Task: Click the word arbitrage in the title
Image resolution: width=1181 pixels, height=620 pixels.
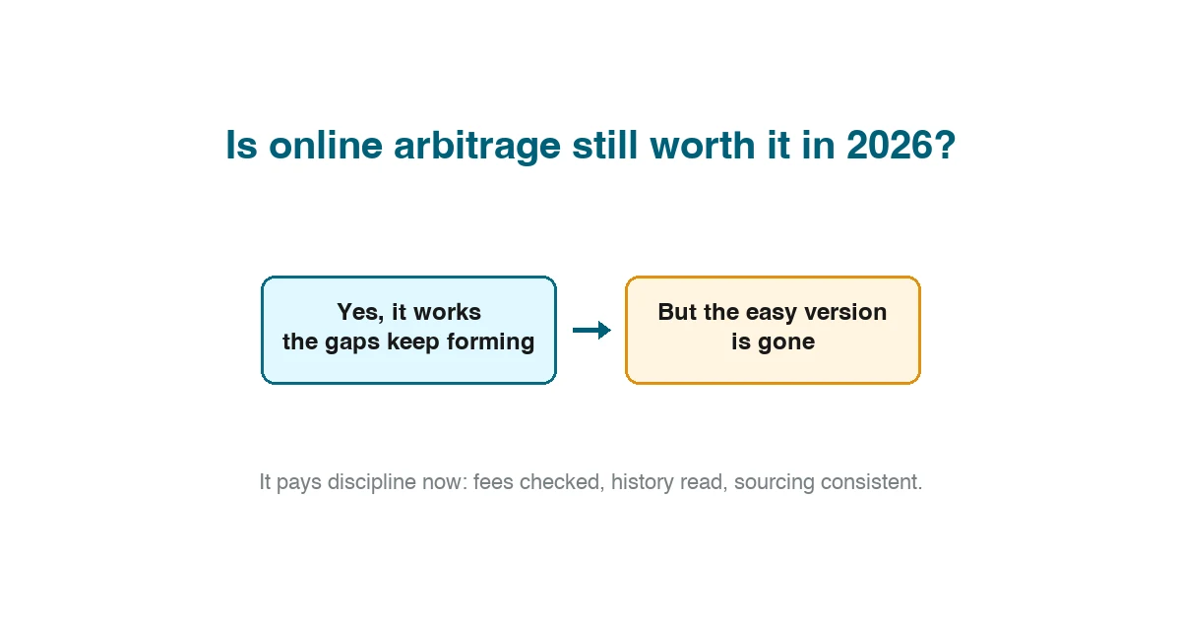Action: click(477, 146)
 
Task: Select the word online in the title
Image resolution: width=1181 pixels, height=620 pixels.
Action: click(326, 145)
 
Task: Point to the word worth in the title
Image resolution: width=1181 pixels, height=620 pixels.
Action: click(703, 145)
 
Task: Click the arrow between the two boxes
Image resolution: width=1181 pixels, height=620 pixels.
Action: click(591, 331)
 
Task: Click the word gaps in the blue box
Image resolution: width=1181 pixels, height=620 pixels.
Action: click(352, 342)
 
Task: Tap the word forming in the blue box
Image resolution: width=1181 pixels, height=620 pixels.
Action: click(490, 342)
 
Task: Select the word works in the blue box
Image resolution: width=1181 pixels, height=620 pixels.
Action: click(447, 312)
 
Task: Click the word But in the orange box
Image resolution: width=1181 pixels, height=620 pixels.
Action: click(677, 312)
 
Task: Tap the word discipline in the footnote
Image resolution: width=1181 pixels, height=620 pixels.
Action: click(371, 482)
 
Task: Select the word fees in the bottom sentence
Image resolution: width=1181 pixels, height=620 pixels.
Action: click(493, 482)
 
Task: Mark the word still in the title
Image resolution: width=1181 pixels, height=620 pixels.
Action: click(604, 145)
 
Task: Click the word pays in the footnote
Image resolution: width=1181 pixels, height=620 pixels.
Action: click(299, 483)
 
